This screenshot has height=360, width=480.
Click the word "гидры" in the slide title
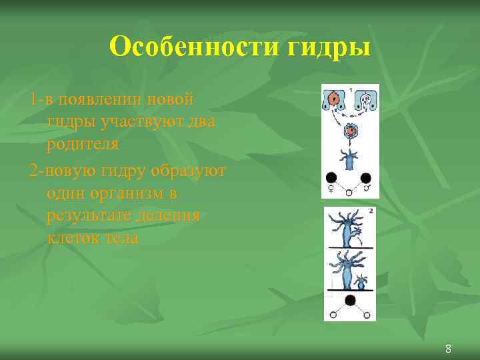pyautogui.click(x=327, y=47)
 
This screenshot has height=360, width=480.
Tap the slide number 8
pyautogui.click(x=448, y=348)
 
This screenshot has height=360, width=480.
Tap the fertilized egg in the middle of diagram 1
pyautogui.click(x=348, y=131)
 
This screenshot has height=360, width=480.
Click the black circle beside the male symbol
pyautogui.click(x=366, y=179)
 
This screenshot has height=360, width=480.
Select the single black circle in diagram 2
pyautogui.click(x=349, y=301)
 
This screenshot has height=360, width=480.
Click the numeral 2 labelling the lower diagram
pyautogui.click(x=370, y=211)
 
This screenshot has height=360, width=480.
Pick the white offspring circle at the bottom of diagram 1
pyautogui.click(x=349, y=193)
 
